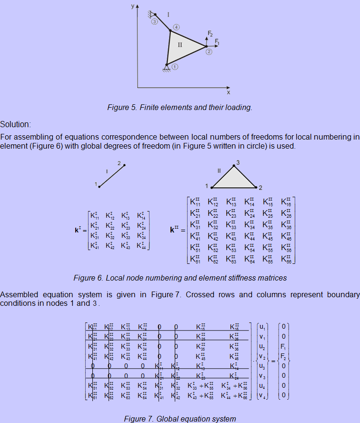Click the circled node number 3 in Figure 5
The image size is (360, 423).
pyautogui.click(x=154, y=21)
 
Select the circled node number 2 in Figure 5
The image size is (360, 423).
pyautogui.click(x=209, y=52)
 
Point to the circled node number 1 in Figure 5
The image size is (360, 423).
pyautogui.click(x=175, y=67)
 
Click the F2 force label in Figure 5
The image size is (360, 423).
pyautogui.click(x=210, y=34)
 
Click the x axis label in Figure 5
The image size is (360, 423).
pyautogui.click(x=228, y=92)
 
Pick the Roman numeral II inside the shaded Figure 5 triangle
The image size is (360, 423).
pyautogui.click(x=180, y=45)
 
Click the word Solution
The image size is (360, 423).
pyautogui.click(x=15, y=124)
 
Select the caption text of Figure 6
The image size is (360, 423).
pyautogui.click(x=180, y=277)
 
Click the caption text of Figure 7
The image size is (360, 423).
pyautogui.click(x=180, y=419)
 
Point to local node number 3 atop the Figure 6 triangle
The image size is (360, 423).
pyautogui.click(x=238, y=163)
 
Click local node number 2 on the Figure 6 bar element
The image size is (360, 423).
pyautogui.click(x=120, y=162)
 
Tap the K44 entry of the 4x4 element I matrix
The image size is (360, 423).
pyautogui.click(x=142, y=246)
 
